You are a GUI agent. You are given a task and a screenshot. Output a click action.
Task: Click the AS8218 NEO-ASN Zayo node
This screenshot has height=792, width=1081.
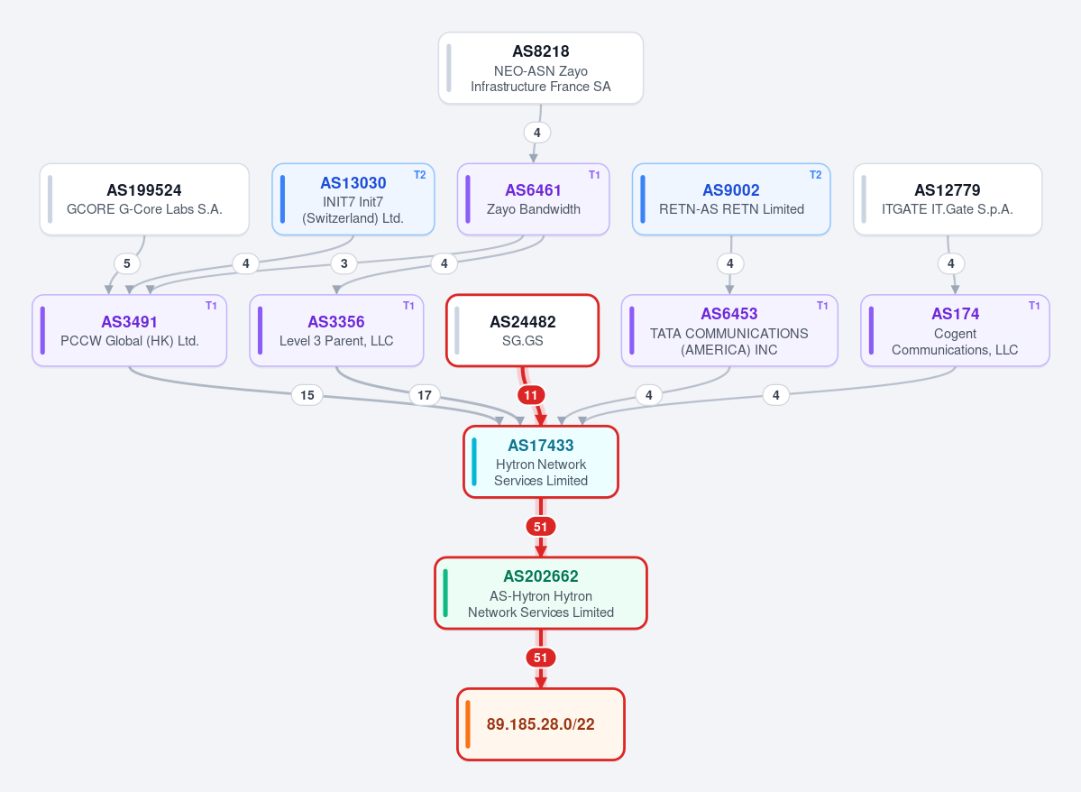[x=541, y=69]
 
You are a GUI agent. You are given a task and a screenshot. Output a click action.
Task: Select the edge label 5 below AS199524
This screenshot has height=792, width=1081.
[x=127, y=263]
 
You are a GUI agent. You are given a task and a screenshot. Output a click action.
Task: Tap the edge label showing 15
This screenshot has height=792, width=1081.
[x=307, y=395]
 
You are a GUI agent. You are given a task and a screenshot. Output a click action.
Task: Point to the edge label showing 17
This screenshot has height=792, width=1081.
[x=425, y=395]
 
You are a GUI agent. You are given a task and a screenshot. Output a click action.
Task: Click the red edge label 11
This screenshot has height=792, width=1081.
[x=530, y=395]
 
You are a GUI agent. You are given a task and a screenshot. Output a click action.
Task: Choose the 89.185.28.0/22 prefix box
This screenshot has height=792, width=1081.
[x=541, y=724]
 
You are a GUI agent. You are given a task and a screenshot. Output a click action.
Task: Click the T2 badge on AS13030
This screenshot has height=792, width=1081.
[x=420, y=175]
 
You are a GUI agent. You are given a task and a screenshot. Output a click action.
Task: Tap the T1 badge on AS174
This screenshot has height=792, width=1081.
[x=1034, y=306]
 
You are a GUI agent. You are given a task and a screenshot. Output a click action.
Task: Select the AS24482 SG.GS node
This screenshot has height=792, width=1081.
[x=523, y=330]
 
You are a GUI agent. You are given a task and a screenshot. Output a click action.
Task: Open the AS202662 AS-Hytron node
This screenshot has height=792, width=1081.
[x=541, y=594]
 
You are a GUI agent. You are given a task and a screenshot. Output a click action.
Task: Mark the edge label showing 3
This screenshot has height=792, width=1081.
[x=344, y=263]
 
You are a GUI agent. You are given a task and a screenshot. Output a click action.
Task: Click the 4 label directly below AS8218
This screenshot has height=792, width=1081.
[x=537, y=133]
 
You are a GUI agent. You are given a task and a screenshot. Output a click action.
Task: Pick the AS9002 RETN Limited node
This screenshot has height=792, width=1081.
[x=731, y=199]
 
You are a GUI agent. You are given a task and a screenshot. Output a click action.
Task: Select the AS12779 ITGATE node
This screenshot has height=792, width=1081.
[x=948, y=199]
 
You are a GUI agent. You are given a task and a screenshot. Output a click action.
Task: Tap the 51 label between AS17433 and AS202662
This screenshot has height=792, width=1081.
[x=541, y=527]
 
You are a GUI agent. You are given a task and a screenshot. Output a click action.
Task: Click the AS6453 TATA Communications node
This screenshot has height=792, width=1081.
[x=729, y=330]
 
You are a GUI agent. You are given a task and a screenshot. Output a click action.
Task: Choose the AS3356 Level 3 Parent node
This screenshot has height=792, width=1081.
[x=336, y=330]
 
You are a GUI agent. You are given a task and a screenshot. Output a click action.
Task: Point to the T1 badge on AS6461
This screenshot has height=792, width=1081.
[x=594, y=175]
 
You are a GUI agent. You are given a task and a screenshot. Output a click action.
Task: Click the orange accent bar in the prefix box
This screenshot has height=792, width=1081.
[x=468, y=724]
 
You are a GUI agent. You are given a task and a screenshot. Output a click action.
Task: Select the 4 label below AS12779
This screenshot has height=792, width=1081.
[x=950, y=263]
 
